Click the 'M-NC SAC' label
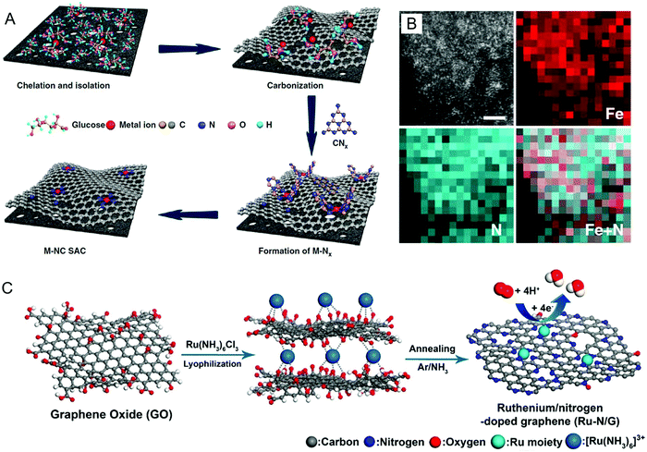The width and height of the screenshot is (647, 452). pyautogui.click(x=66, y=247)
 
